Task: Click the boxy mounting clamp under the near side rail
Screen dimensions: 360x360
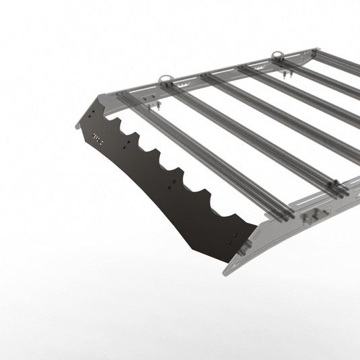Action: [x=312, y=217]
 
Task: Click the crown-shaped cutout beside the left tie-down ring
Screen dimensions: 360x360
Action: [x=184, y=84]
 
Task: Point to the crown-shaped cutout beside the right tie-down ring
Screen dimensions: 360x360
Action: [x=293, y=63]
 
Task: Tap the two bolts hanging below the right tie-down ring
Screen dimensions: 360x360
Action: [x=285, y=74]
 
